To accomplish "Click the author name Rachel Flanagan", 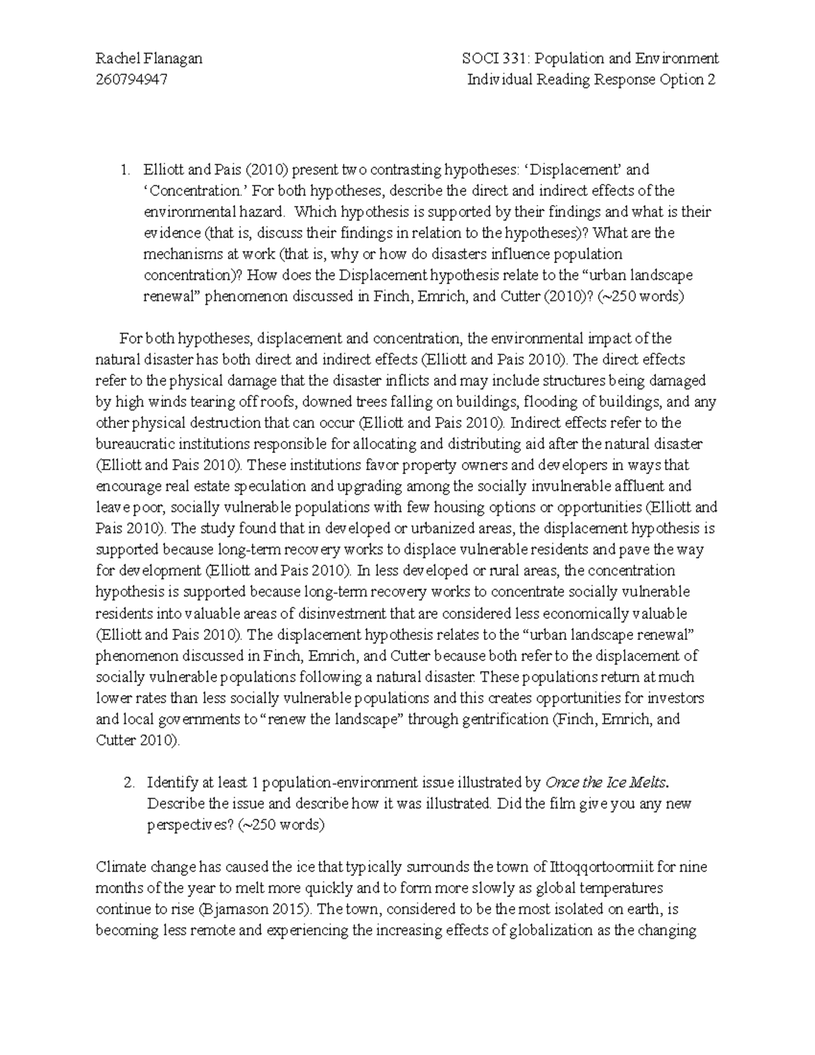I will pyautogui.click(x=149, y=58).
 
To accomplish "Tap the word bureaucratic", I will pyautogui.click(x=137, y=444).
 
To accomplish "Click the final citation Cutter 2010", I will pyautogui.click(x=137, y=740).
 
